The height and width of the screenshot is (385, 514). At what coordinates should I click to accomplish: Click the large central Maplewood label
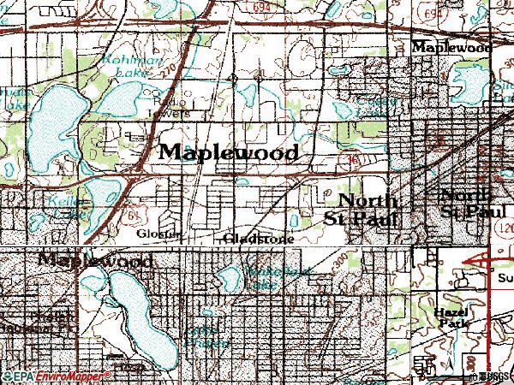click(x=229, y=152)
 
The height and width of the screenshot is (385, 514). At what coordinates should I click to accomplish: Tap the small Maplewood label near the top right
click(x=451, y=47)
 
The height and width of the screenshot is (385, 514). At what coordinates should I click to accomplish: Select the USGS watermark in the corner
click(x=495, y=376)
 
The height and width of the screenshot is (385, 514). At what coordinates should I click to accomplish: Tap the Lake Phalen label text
click(x=206, y=335)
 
